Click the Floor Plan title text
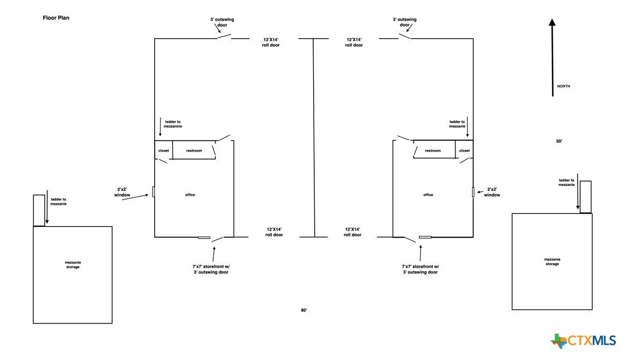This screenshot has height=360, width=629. coord(56,18)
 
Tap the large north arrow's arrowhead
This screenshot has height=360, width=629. coord(552,23)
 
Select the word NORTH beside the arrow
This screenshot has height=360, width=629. coord(563,87)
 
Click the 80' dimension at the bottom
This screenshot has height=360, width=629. coord(304,310)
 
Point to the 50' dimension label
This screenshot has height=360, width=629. coord(559,141)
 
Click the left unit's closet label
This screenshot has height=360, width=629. coord(163,150)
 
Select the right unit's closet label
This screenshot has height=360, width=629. coord(464,150)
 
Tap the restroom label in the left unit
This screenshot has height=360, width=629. coord(194,150)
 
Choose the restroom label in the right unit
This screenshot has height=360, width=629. coord(432,150)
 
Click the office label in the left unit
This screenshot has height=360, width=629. coord(190,195)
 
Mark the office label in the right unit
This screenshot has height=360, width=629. coord(428,195)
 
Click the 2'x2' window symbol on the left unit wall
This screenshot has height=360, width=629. coord(154,191)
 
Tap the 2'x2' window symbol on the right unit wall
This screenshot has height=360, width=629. coord(473,192)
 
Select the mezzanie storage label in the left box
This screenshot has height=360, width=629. coord(73,264)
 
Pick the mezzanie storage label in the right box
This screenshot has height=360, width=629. coord(552,261)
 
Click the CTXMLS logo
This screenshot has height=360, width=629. coord(583,341)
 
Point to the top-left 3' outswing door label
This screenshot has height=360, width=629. coord(222,22)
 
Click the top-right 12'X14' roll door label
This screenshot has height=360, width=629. coord(354,42)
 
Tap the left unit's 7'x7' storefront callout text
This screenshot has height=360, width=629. coord(211,269)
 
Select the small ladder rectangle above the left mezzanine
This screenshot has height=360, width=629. coord(39,210)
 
